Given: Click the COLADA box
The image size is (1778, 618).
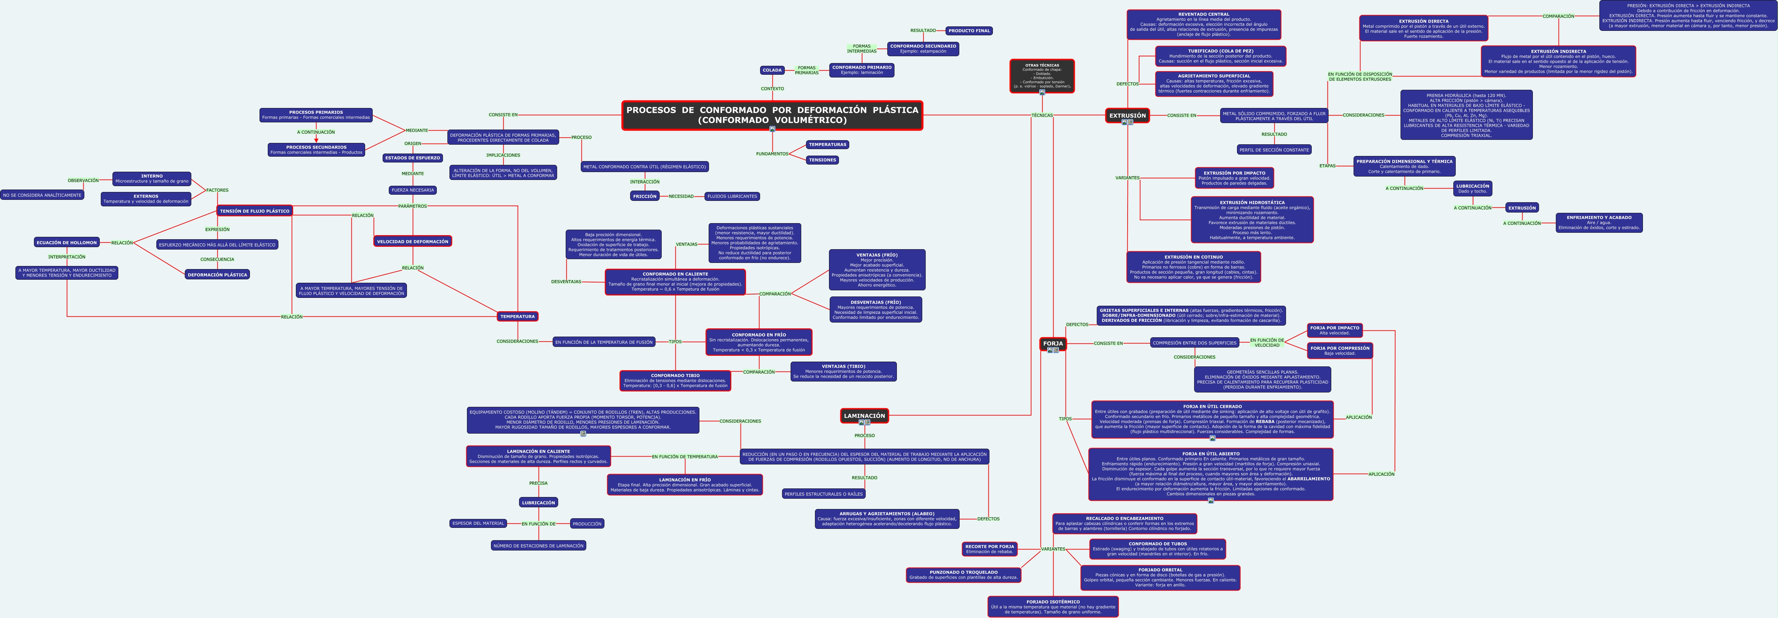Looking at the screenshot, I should click(x=772, y=70).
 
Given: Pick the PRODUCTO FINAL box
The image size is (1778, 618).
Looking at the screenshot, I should click(x=969, y=31).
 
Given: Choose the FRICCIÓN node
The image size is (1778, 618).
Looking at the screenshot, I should click(x=645, y=196).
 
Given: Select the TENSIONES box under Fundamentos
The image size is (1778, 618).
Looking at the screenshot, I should click(x=822, y=159).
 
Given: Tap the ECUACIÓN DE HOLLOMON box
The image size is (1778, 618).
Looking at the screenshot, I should click(x=67, y=242).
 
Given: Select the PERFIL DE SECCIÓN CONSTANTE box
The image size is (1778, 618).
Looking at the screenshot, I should click(x=1273, y=150).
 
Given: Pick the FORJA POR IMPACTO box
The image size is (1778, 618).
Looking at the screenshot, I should click(x=1334, y=330).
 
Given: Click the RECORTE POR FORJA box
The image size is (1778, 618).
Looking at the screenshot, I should click(x=990, y=548).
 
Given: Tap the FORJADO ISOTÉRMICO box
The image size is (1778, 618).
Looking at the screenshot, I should click(x=1053, y=606).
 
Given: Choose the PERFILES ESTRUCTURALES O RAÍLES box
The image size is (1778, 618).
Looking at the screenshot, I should click(x=824, y=494).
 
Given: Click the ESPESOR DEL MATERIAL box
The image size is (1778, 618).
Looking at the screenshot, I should click(x=478, y=523).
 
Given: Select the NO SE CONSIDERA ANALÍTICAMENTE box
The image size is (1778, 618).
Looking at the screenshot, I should click(x=42, y=195).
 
